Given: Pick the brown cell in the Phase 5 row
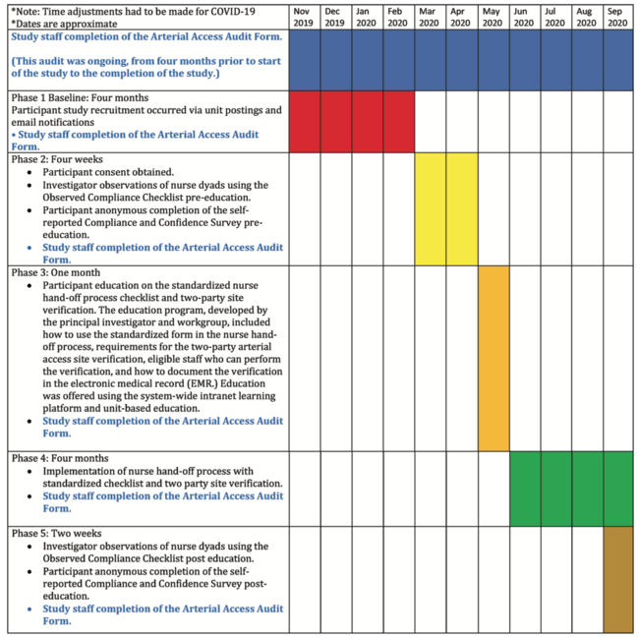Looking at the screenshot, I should click(x=617, y=579).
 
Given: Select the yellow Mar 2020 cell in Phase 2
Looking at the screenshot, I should click(x=431, y=208).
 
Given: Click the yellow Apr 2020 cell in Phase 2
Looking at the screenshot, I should click(x=462, y=208).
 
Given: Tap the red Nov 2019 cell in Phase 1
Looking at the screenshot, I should click(x=305, y=121).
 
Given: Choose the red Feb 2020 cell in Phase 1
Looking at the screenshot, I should click(x=399, y=121).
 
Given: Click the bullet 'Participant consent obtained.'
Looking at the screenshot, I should click(x=107, y=171).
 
